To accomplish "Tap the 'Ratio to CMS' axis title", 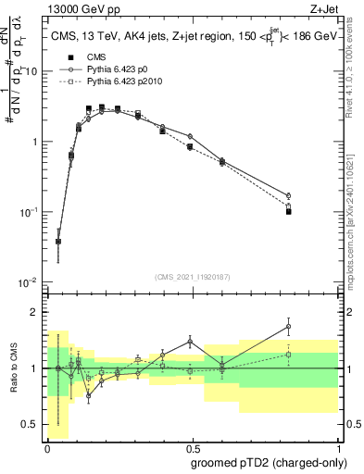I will coord(13,368).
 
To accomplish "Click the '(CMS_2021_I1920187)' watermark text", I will coord(192,275).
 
